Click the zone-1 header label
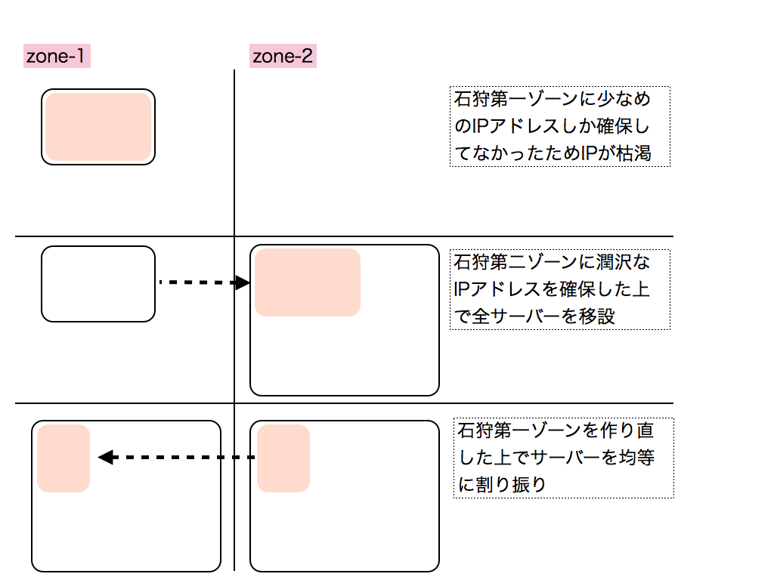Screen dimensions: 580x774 tap(57, 56)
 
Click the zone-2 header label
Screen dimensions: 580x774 tap(283, 56)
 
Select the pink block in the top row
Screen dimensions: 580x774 tap(98, 127)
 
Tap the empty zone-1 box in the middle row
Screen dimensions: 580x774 tap(98, 283)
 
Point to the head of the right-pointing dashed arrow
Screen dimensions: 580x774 tap(243, 283)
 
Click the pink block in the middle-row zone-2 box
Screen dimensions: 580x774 tap(308, 282)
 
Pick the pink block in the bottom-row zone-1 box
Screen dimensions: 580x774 tap(63, 458)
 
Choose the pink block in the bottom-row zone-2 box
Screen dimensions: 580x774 tap(283, 458)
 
